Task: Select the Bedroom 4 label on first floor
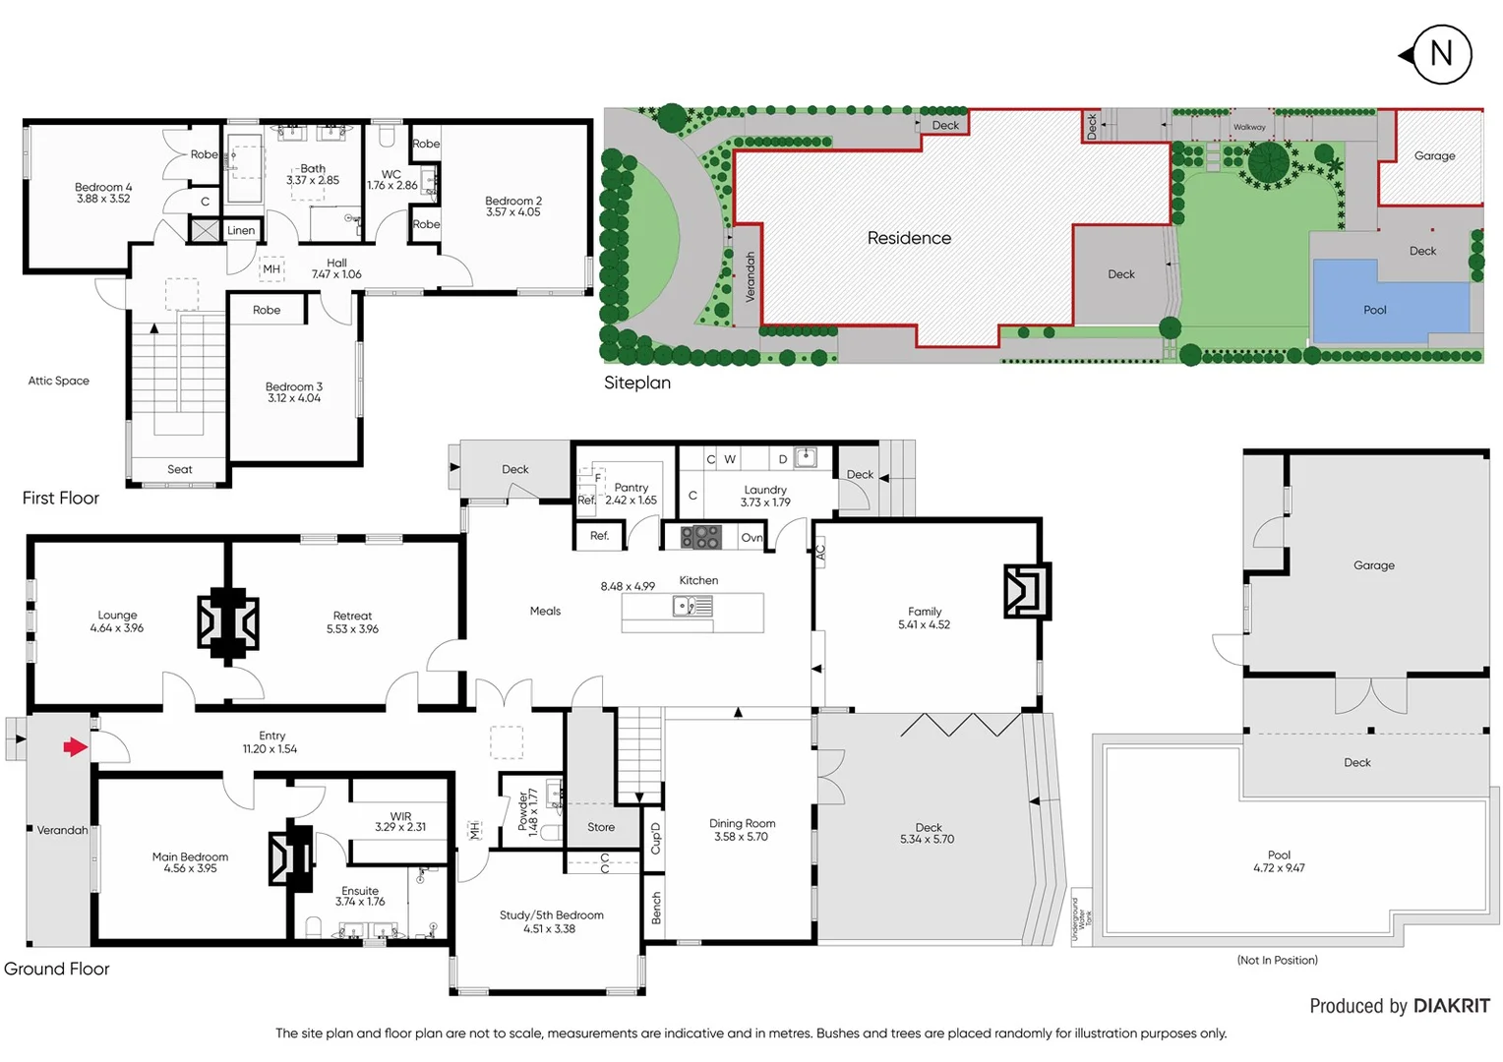103,188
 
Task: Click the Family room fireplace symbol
1026,590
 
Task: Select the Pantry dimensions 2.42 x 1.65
631,501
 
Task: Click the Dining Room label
742,824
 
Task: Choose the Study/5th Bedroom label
551,915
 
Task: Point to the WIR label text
400,816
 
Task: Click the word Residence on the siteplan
909,238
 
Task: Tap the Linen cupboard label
241,231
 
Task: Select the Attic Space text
58,381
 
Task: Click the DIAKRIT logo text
1451,1006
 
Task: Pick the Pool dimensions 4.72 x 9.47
1279,868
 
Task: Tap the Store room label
600,827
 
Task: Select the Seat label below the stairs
179,469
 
